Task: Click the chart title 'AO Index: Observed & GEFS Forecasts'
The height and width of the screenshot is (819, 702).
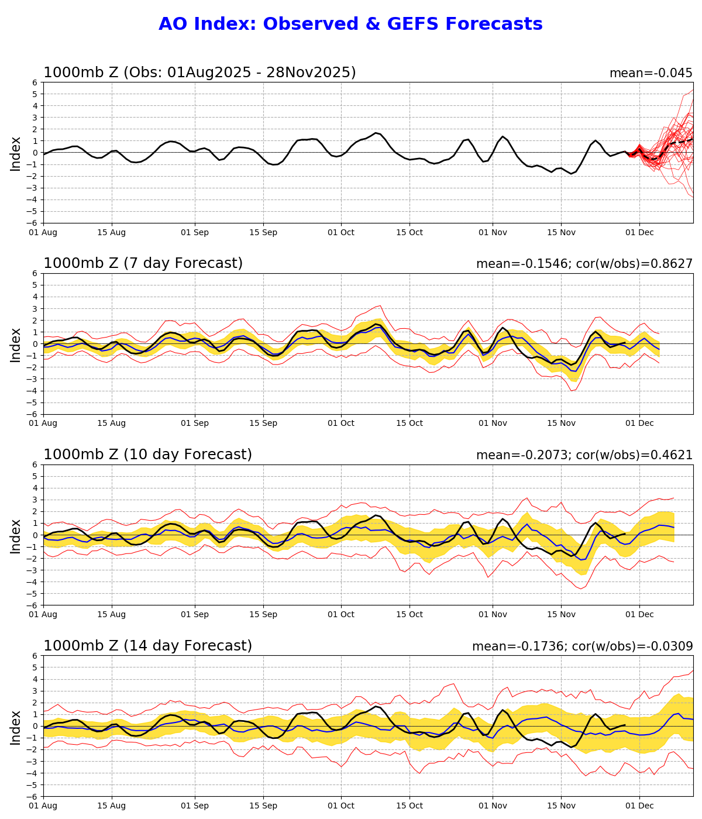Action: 350,25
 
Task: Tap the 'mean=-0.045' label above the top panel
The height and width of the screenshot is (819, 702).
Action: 651,73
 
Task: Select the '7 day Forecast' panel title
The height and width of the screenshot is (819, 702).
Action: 143,264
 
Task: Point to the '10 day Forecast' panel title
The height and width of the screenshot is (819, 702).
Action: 147,455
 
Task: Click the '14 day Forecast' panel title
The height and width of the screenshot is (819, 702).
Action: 147,646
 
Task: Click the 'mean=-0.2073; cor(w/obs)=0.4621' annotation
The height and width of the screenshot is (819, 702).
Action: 584,455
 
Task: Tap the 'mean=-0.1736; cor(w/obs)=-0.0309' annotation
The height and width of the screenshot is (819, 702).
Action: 582,646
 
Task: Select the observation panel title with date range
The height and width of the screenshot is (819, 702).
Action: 199,73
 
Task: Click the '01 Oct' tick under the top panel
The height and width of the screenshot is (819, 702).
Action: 341,232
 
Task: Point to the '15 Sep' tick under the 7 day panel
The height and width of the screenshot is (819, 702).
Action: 263,424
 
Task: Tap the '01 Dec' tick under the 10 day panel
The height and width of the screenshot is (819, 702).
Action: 639,615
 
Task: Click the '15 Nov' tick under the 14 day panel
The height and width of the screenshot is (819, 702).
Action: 561,806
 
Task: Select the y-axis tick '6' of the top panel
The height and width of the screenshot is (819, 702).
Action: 35,82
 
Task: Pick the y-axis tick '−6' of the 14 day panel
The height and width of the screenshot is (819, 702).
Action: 33,796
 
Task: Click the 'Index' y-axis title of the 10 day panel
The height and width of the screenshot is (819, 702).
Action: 16,535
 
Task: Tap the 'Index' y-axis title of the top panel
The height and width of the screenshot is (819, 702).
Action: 16,153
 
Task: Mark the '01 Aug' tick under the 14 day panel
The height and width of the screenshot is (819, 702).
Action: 43,806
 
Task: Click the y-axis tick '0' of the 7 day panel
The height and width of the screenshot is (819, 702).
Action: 35,344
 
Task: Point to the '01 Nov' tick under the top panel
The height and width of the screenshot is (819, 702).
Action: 492,232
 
